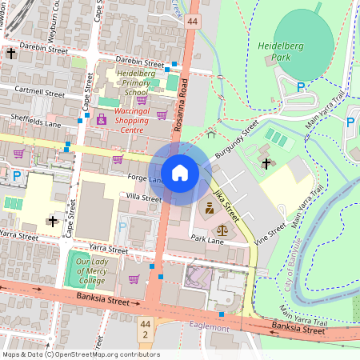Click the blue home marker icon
tap(180, 173)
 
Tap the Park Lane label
tap(207, 239)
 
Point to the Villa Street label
tap(143, 197)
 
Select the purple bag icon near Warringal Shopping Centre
tap(102, 118)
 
